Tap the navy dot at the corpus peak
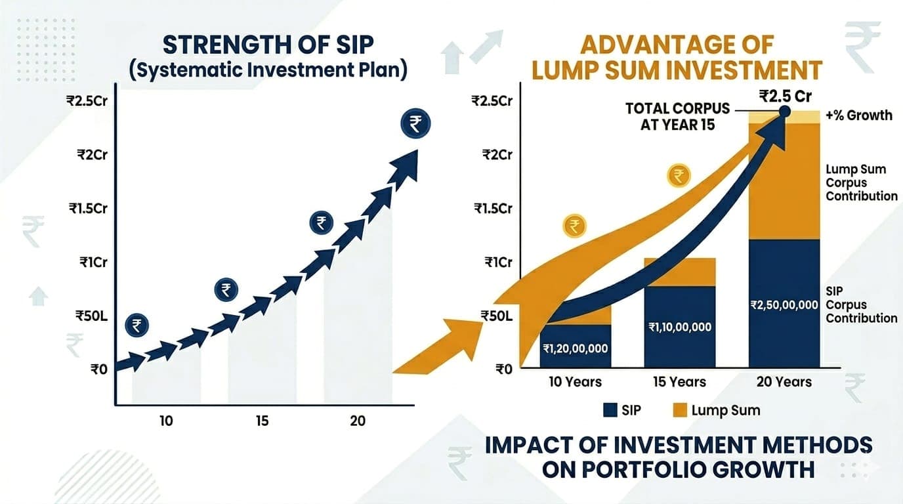[x=784, y=114]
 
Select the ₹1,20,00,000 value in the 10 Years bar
[x=575, y=348]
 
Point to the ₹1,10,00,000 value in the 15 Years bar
[x=679, y=327]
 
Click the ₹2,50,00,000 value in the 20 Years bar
[x=784, y=305]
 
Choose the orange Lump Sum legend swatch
[x=680, y=411]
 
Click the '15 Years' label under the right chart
[x=679, y=382]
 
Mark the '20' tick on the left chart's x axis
[x=358, y=421]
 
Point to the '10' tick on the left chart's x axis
[x=166, y=421]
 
